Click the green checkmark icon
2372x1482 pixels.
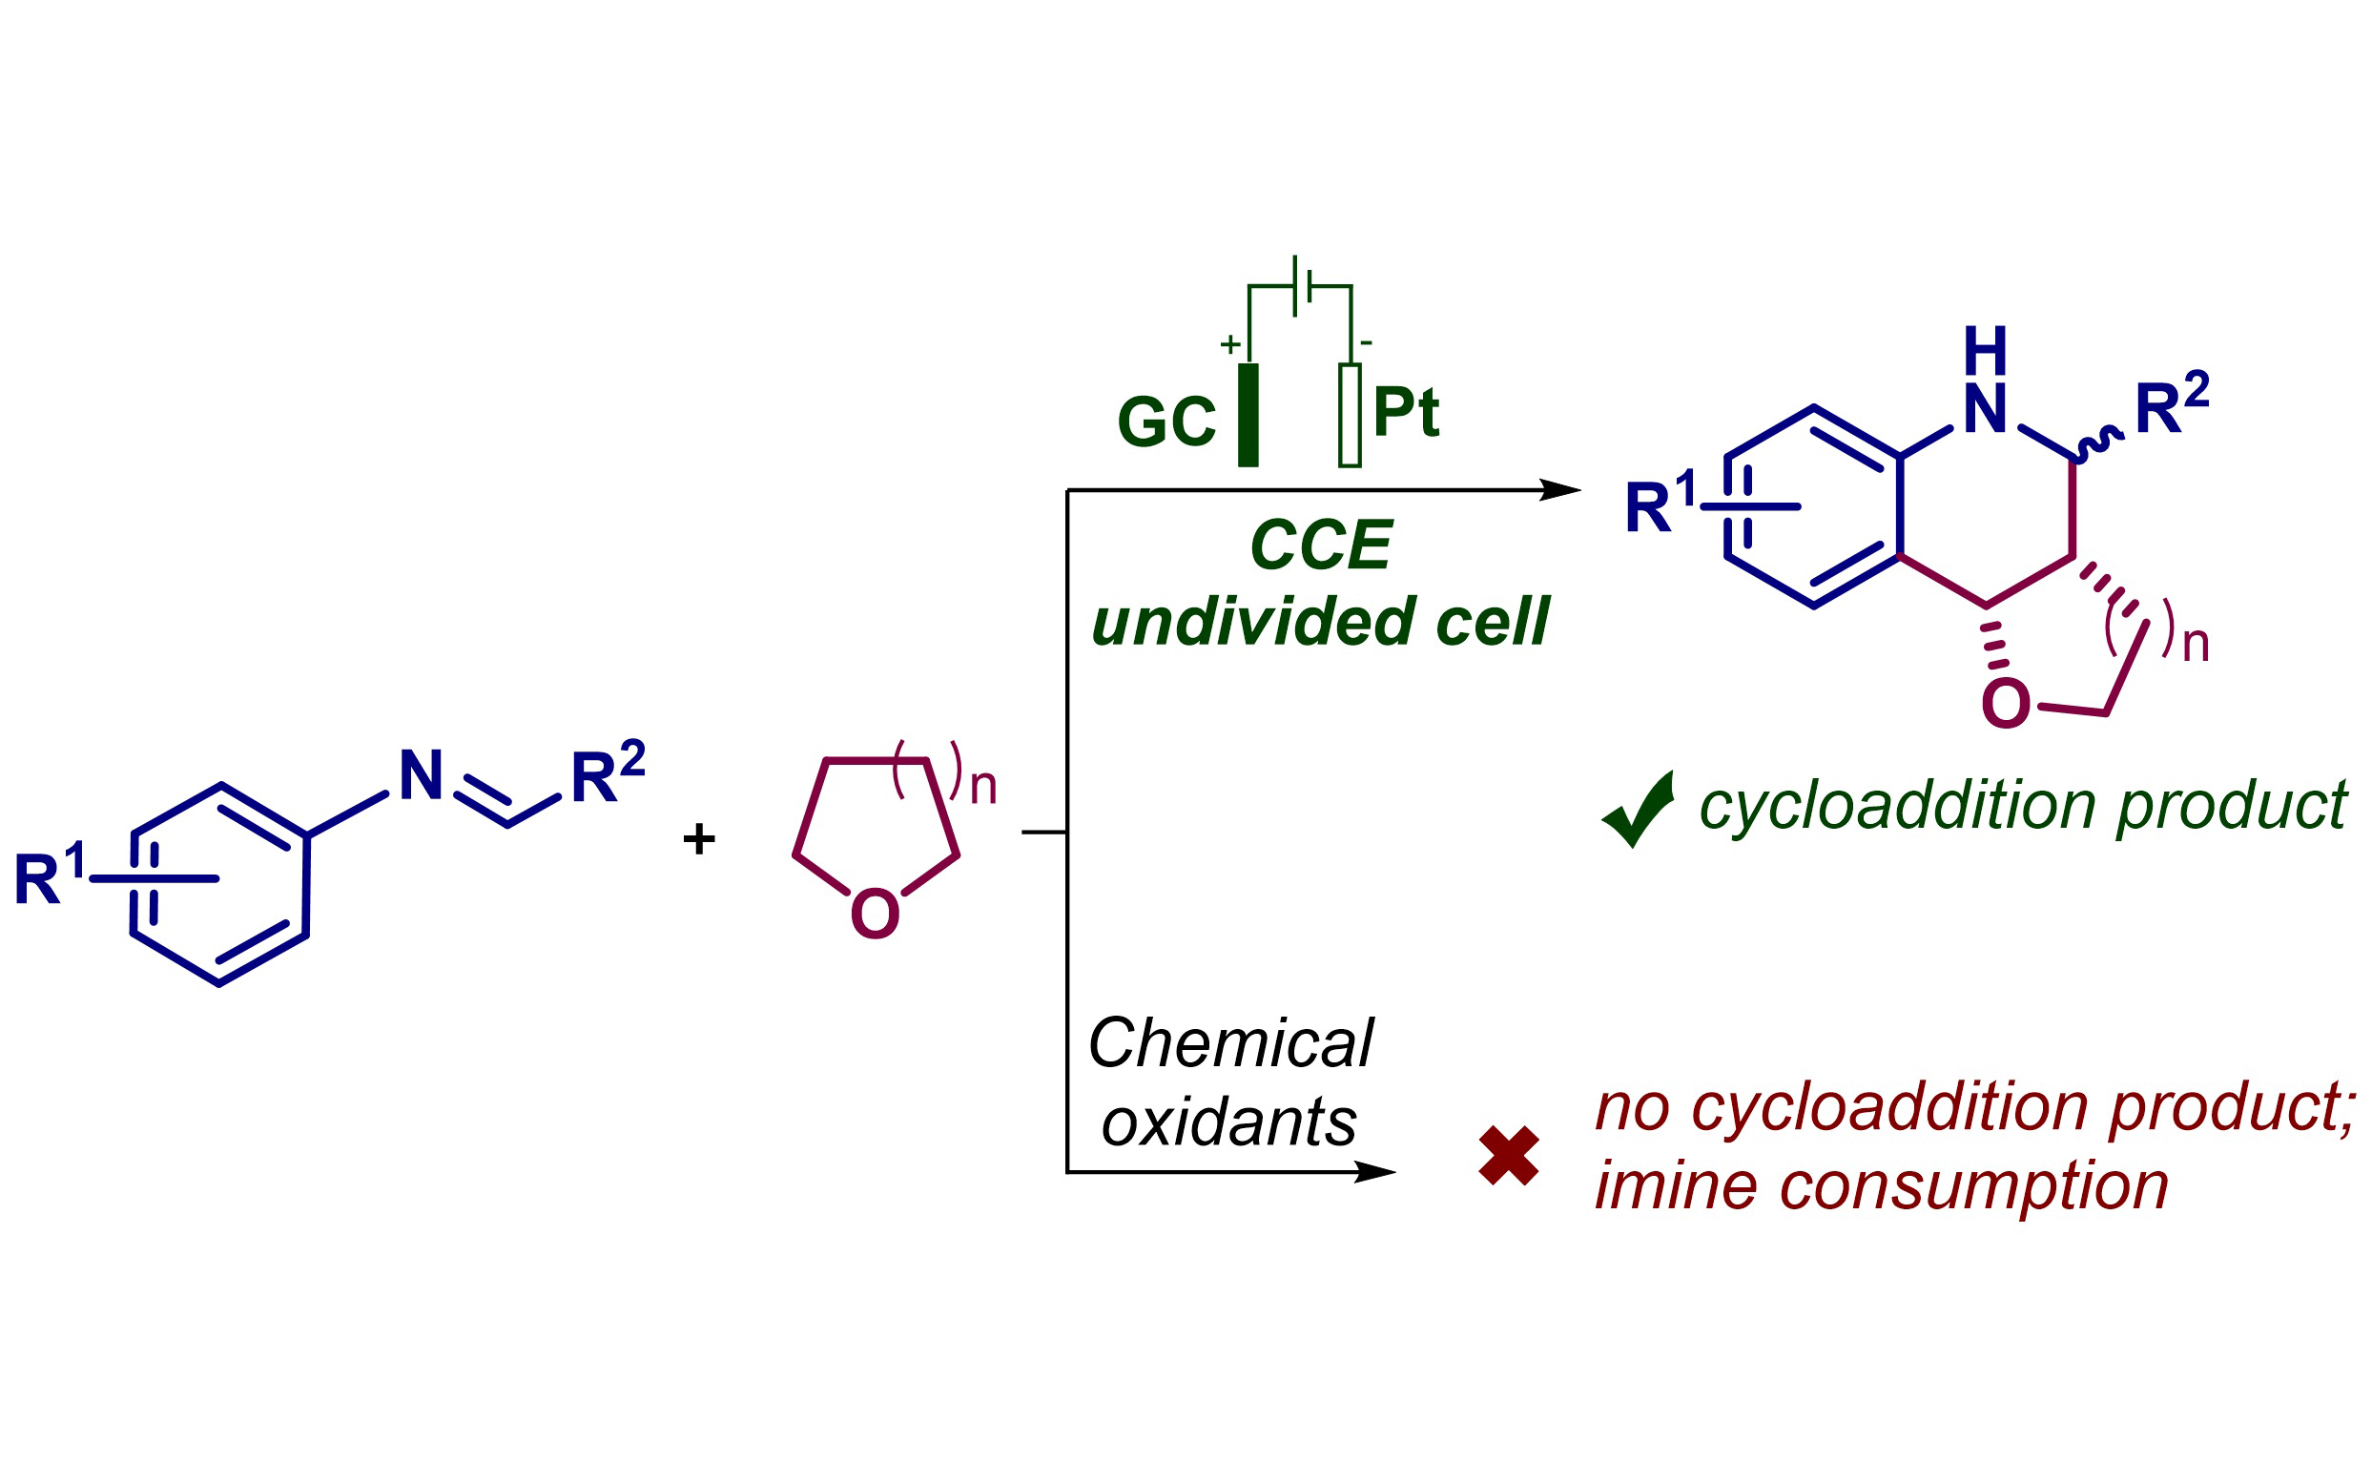[1639, 810]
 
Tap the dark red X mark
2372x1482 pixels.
[1509, 1156]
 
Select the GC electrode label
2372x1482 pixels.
[1165, 422]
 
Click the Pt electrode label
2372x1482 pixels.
[1406, 412]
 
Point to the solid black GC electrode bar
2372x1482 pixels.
[1248, 415]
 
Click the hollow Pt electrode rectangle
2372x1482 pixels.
[1350, 415]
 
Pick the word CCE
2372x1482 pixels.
[1320, 545]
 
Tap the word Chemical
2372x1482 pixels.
[1230, 1043]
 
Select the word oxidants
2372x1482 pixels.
[1229, 1122]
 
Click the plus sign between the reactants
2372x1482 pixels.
[699, 839]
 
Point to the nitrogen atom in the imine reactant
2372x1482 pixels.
[422, 775]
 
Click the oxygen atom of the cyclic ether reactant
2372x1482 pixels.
[875, 914]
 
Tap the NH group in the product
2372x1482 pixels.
[1986, 382]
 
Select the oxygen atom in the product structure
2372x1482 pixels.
[2006, 704]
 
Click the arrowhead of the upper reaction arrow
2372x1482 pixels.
[1560, 490]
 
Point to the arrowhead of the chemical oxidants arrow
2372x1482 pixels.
[1374, 1171]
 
